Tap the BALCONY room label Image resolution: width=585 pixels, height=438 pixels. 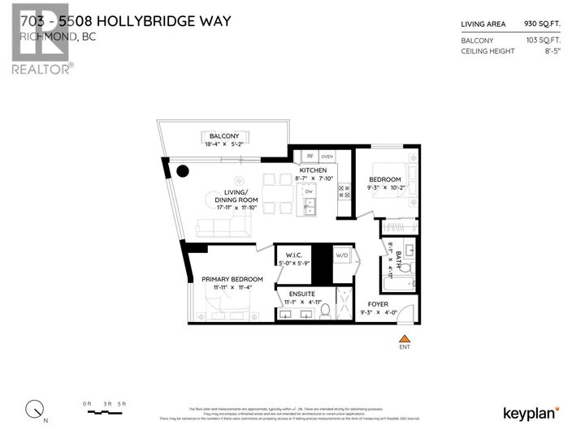click(x=223, y=135)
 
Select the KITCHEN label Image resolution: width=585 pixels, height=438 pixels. click(x=313, y=170)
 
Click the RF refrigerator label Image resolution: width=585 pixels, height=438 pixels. click(x=310, y=157)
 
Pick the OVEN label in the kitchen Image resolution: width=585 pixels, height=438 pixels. click(x=327, y=157)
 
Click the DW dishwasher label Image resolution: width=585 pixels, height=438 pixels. click(x=309, y=192)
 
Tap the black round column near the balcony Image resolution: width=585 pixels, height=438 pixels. click(x=184, y=171)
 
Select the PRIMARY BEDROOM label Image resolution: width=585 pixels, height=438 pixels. click(x=232, y=279)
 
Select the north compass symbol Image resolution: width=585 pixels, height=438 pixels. click(x=34, y=408)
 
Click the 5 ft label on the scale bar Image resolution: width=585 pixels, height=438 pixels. click(x=120, y=403)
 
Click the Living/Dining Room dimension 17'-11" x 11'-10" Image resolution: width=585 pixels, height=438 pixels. click(x=236, y=208)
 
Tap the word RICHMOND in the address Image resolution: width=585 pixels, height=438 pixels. click(x=42, y=36)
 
